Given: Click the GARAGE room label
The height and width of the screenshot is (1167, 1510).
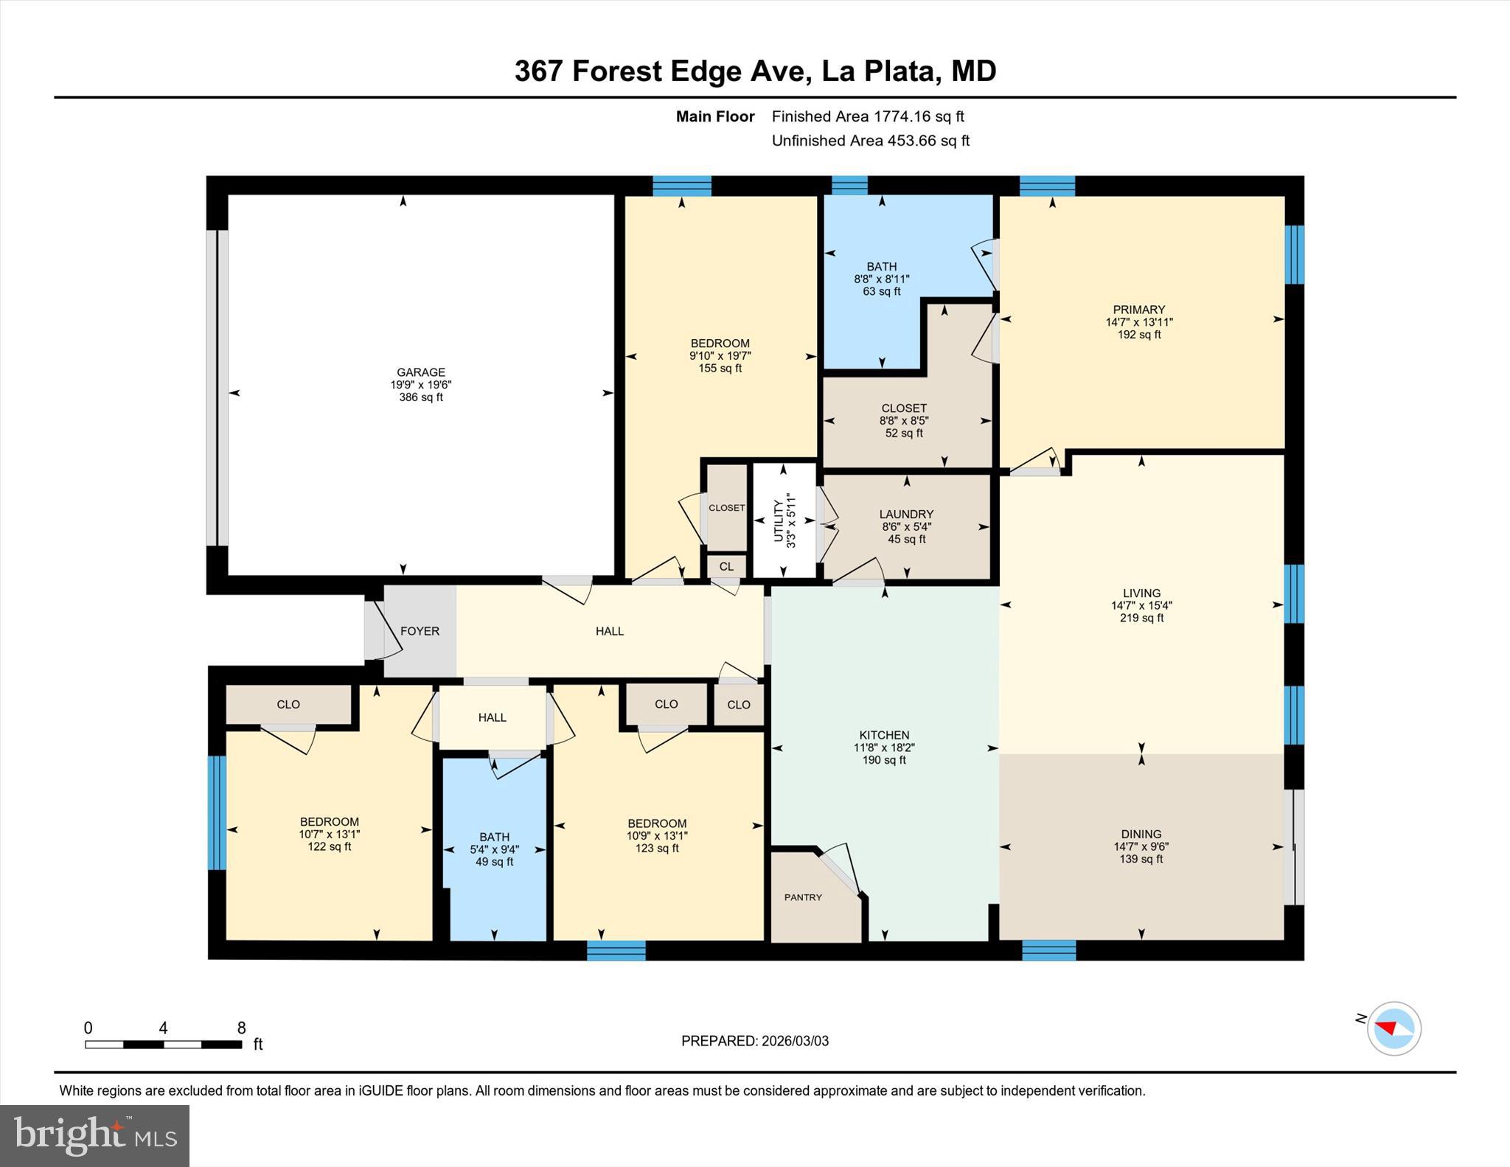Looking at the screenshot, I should pyautogui.click(x=421, y=372).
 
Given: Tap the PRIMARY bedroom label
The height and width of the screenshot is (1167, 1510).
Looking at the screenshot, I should pyautogui.click(x=1138, y=310).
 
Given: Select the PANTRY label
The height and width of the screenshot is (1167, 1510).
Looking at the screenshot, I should pyautogui.click(x=802, y=897).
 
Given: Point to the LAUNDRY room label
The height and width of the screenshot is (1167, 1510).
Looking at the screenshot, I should pyautogui.click(x=906, y=514).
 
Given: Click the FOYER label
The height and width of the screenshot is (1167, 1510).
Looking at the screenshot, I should pyautogui.click(x=420, y=631).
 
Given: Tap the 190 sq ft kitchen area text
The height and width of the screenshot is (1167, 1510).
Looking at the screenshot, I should pyautogui.click(x=884, y=760).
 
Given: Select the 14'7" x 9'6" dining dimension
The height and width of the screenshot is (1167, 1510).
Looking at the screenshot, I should pyautogui.click(x=1141, y=847).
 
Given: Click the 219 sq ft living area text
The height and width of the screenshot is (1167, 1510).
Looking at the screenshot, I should pyautogui.click(x=1141, y=618).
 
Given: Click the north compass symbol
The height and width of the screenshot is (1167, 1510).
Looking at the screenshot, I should pyautogui.click(x=1394, y=1028).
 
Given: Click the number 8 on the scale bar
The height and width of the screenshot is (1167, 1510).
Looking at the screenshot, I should pyautogui.click(x=241, y=1028).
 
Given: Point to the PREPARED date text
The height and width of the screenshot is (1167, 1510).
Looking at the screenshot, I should pyautogui.click(x=754, y=1041).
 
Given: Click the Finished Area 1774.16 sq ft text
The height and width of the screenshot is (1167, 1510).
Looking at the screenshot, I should pyautogui.click(x=867, y=116).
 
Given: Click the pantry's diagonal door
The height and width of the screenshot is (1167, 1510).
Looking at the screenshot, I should pyautogui.click(x=841, y=870).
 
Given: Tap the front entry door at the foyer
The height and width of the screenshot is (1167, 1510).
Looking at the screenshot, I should pyautogui.click(x=383, y=631).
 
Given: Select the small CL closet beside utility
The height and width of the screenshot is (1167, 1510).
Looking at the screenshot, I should pyautogui.click(x=726, y=566).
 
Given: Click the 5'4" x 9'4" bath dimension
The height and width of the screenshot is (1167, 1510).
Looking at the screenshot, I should pyautogui.click(x=494, y=849).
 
